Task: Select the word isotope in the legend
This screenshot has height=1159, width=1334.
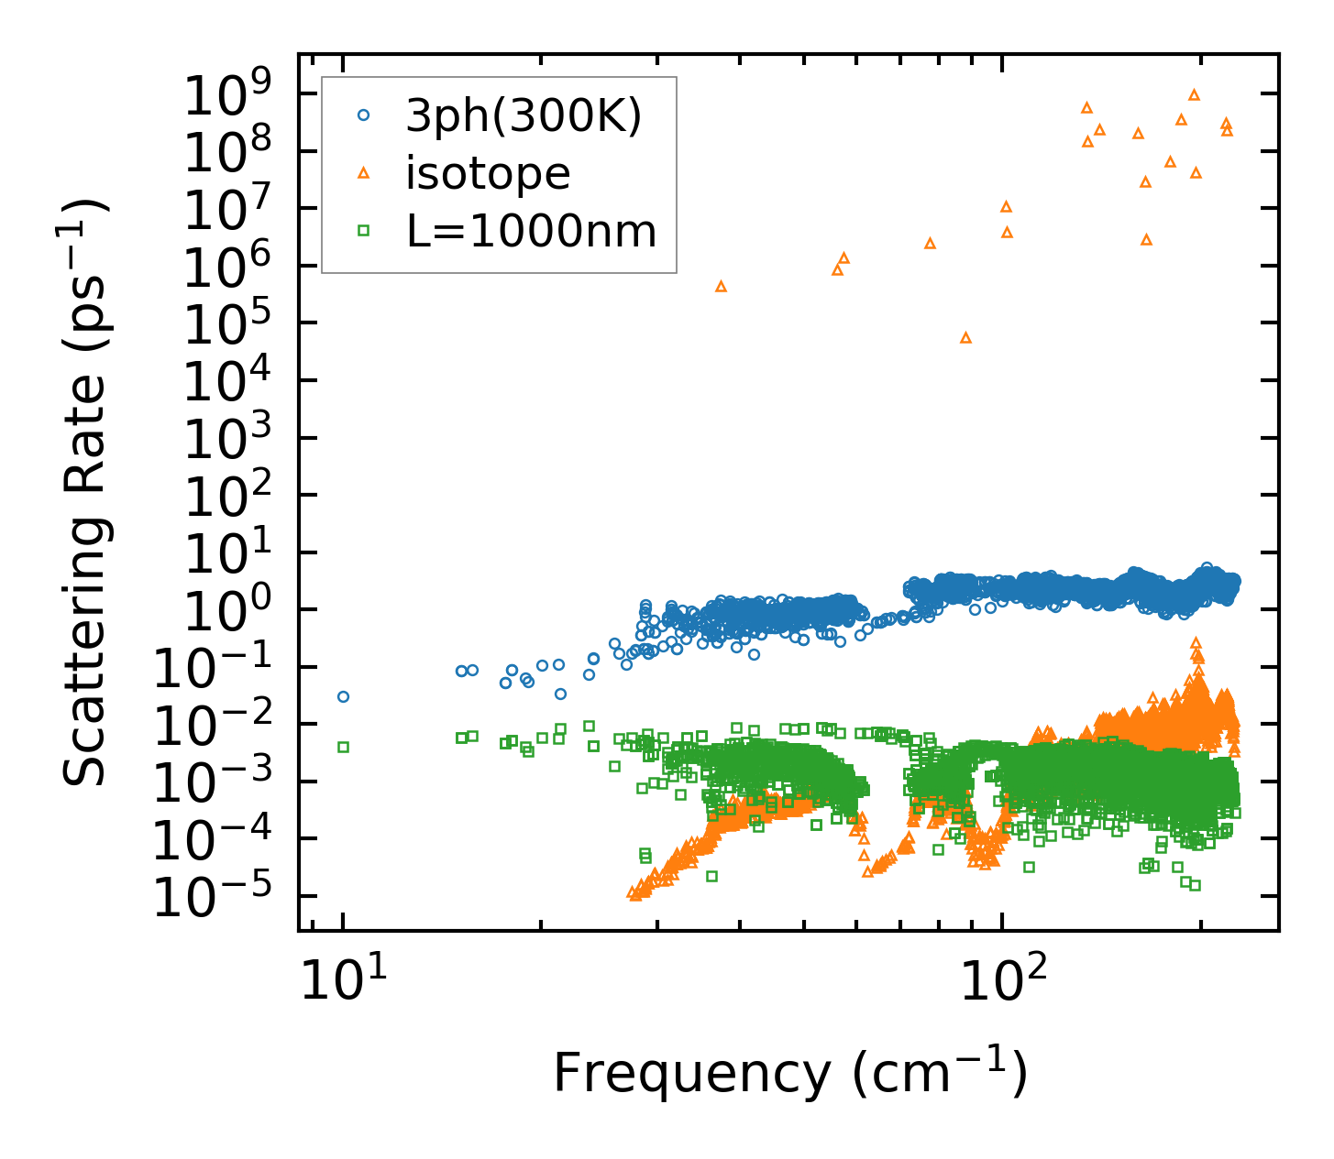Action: [488, 173]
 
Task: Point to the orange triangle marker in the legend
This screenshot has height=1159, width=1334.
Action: [364, 172]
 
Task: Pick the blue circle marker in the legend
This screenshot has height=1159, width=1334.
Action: [364, 115]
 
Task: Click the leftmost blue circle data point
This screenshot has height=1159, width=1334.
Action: [343, 696]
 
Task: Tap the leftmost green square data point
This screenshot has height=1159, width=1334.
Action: [343, 747]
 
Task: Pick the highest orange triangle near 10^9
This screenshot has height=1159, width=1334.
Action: [1194, 94]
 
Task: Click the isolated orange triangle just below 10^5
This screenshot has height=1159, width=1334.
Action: [965, 337]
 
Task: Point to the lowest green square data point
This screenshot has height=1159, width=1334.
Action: [1195, 885]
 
